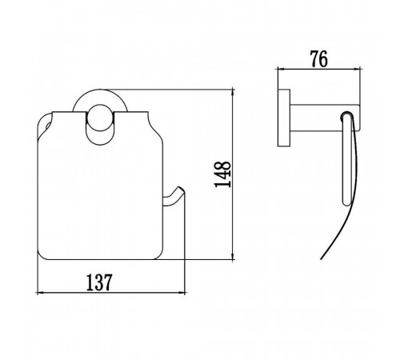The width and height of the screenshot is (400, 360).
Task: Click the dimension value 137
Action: (x=99, y=282)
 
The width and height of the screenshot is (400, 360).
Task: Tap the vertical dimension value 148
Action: (x=223, y=174)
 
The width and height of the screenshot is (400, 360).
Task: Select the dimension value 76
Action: (x=318, y=59)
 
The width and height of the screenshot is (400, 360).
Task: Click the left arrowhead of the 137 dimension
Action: (x=39, y=293)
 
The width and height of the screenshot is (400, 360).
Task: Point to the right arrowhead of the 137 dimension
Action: (x=182, y=293)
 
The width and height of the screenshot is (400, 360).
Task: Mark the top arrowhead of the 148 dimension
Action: (x=234, y=92)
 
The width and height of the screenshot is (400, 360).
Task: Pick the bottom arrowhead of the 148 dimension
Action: (x=234, y=256)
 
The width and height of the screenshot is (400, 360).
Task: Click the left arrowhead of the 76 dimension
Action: (x=282, y=70)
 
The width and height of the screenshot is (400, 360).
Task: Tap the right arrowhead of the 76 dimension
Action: (x=357, y=70)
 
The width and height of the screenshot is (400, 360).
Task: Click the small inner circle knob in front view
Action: (x=100, y=118)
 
